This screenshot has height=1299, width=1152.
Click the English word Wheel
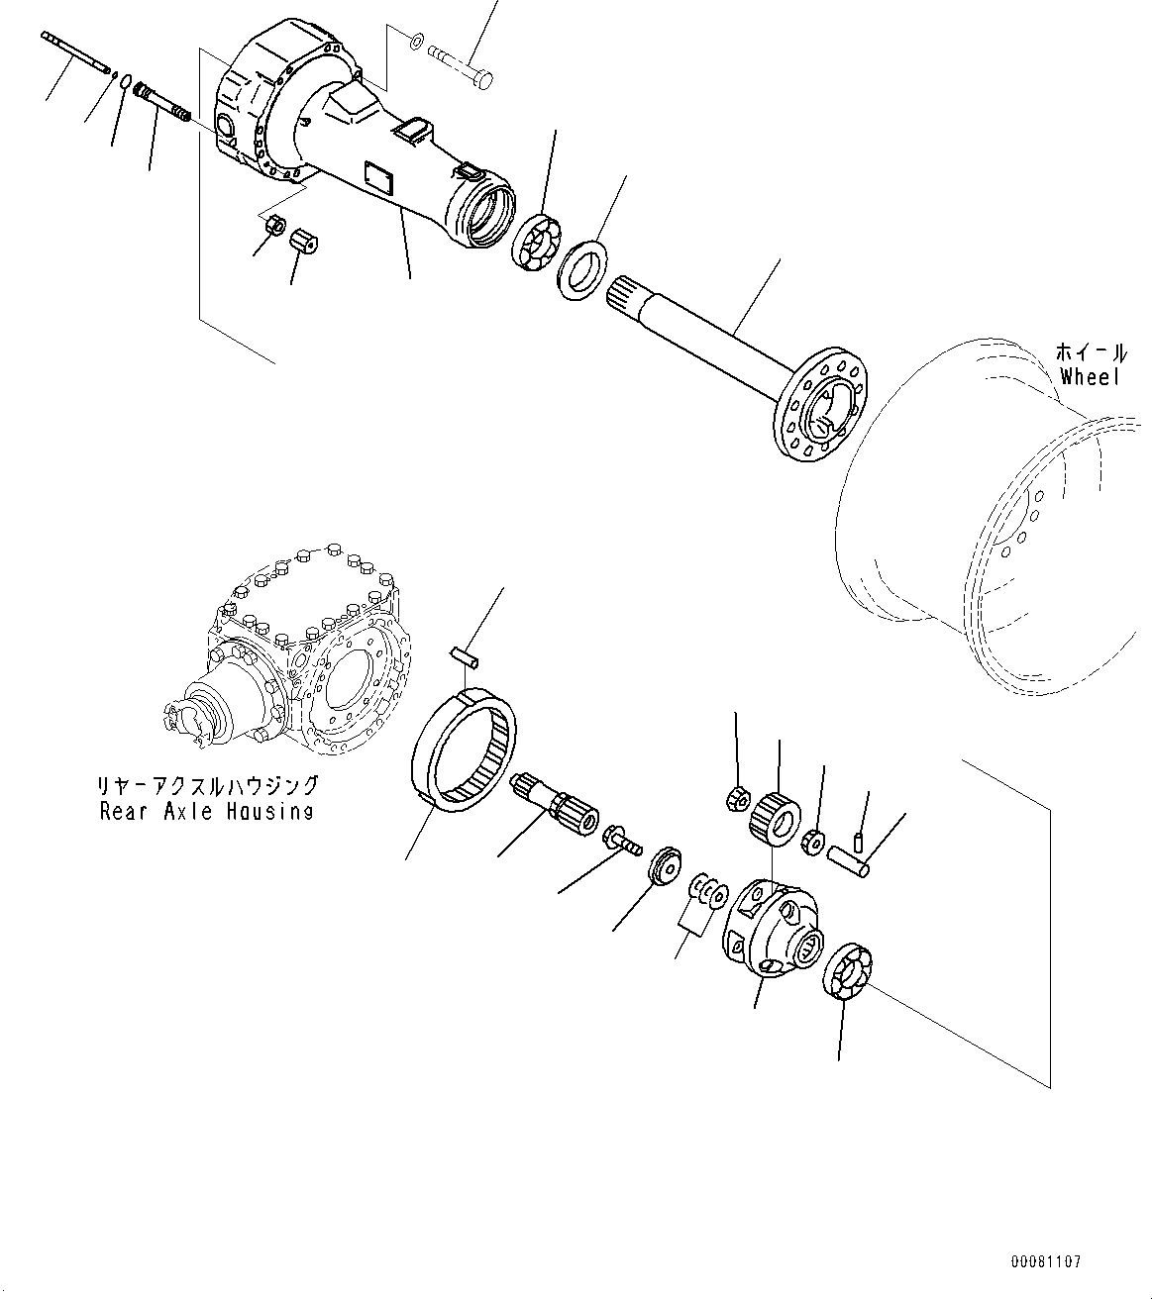1089,376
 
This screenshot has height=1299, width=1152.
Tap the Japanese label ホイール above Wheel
1090,352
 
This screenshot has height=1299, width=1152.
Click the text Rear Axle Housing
206,811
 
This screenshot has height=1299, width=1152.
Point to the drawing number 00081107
1046,1261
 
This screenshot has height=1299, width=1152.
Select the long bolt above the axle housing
463,62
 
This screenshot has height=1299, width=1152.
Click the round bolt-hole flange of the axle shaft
821,405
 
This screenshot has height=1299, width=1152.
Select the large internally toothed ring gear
464,751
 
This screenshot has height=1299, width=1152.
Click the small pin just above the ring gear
464,654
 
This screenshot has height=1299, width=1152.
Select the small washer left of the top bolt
416,41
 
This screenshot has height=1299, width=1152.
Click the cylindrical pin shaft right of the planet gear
854,854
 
